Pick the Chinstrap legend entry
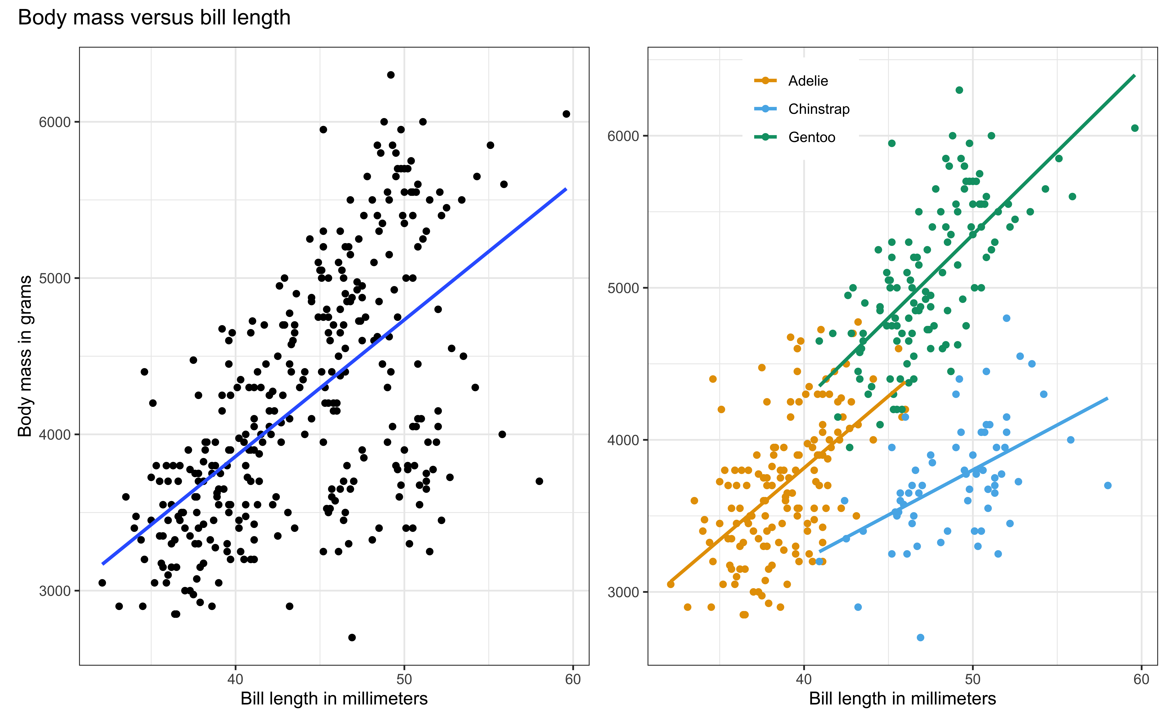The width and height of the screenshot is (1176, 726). pyautogui.click(x=818, y=109)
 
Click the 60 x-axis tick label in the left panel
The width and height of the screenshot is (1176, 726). pyautogui.click(x=573, y=679)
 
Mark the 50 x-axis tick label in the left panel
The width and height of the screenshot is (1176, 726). pyautogui.click(x=404, y=679)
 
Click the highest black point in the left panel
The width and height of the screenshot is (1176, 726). pyautogui.click(x=391, y=75)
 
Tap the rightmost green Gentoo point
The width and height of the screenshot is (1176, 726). pyautogui.click(x=1135, y=128)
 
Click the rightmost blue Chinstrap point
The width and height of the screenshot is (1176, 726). pyautogui.click(x=1108, y=485)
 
